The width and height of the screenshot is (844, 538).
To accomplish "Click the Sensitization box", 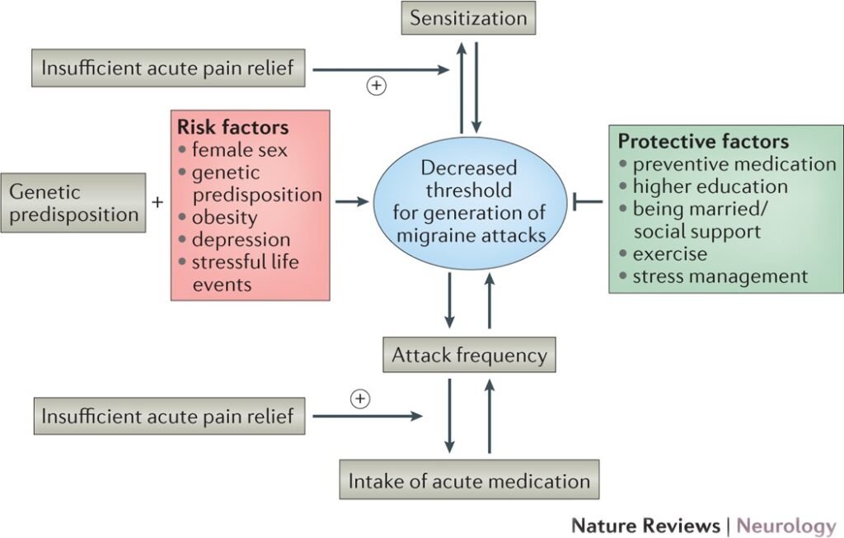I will [x=468, y=17].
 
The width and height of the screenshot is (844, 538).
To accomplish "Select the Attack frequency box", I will [x=469, y=356].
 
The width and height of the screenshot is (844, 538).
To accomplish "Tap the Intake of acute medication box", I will [x=469, y=481].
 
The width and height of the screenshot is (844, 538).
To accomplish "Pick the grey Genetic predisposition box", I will [x=73, y=203].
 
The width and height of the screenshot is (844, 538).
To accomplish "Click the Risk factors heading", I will [x=233, y=128].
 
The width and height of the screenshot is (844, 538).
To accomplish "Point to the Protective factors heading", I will [x=703, y=141].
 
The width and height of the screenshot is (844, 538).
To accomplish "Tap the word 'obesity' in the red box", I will [x=224, y=218].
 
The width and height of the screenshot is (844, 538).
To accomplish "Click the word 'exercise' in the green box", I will [x=669, y=254].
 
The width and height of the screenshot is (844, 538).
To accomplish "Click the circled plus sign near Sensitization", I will [x=377, y=86].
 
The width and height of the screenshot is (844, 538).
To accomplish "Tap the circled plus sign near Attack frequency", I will [x=360, y=399].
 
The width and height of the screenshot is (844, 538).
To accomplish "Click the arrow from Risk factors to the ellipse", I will [x=352, y=201].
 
